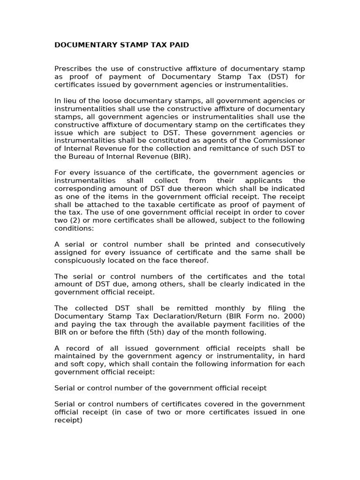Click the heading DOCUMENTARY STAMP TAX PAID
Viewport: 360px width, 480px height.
[122, 45]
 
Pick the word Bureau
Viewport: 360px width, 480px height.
[80, 157]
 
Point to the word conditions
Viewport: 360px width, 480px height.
[73, 228]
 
